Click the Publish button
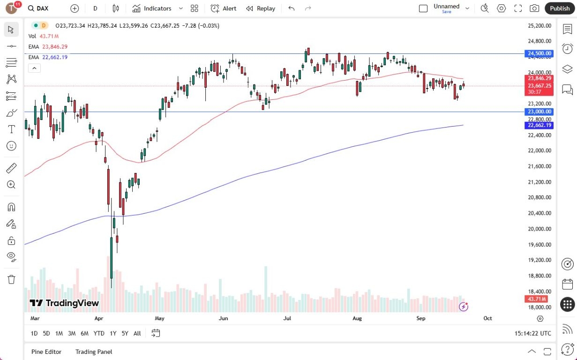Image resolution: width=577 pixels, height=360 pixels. (560, 8)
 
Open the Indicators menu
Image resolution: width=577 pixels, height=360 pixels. (152, 8)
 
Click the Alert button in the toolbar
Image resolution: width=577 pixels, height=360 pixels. (224, 8)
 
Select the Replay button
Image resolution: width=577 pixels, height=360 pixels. (261, 8)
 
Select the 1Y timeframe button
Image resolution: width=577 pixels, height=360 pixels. (113, 333)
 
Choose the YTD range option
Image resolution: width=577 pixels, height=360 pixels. (99, 333)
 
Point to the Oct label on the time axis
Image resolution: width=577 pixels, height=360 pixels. (487, 318)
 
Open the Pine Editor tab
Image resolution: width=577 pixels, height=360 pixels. (46, 352)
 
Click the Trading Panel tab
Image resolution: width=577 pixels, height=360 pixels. (94, 352)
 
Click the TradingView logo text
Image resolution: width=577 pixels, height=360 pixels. (65, 303)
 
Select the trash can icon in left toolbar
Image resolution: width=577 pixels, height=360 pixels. (12, 279)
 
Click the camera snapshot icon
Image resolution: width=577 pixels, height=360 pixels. (534, 8)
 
